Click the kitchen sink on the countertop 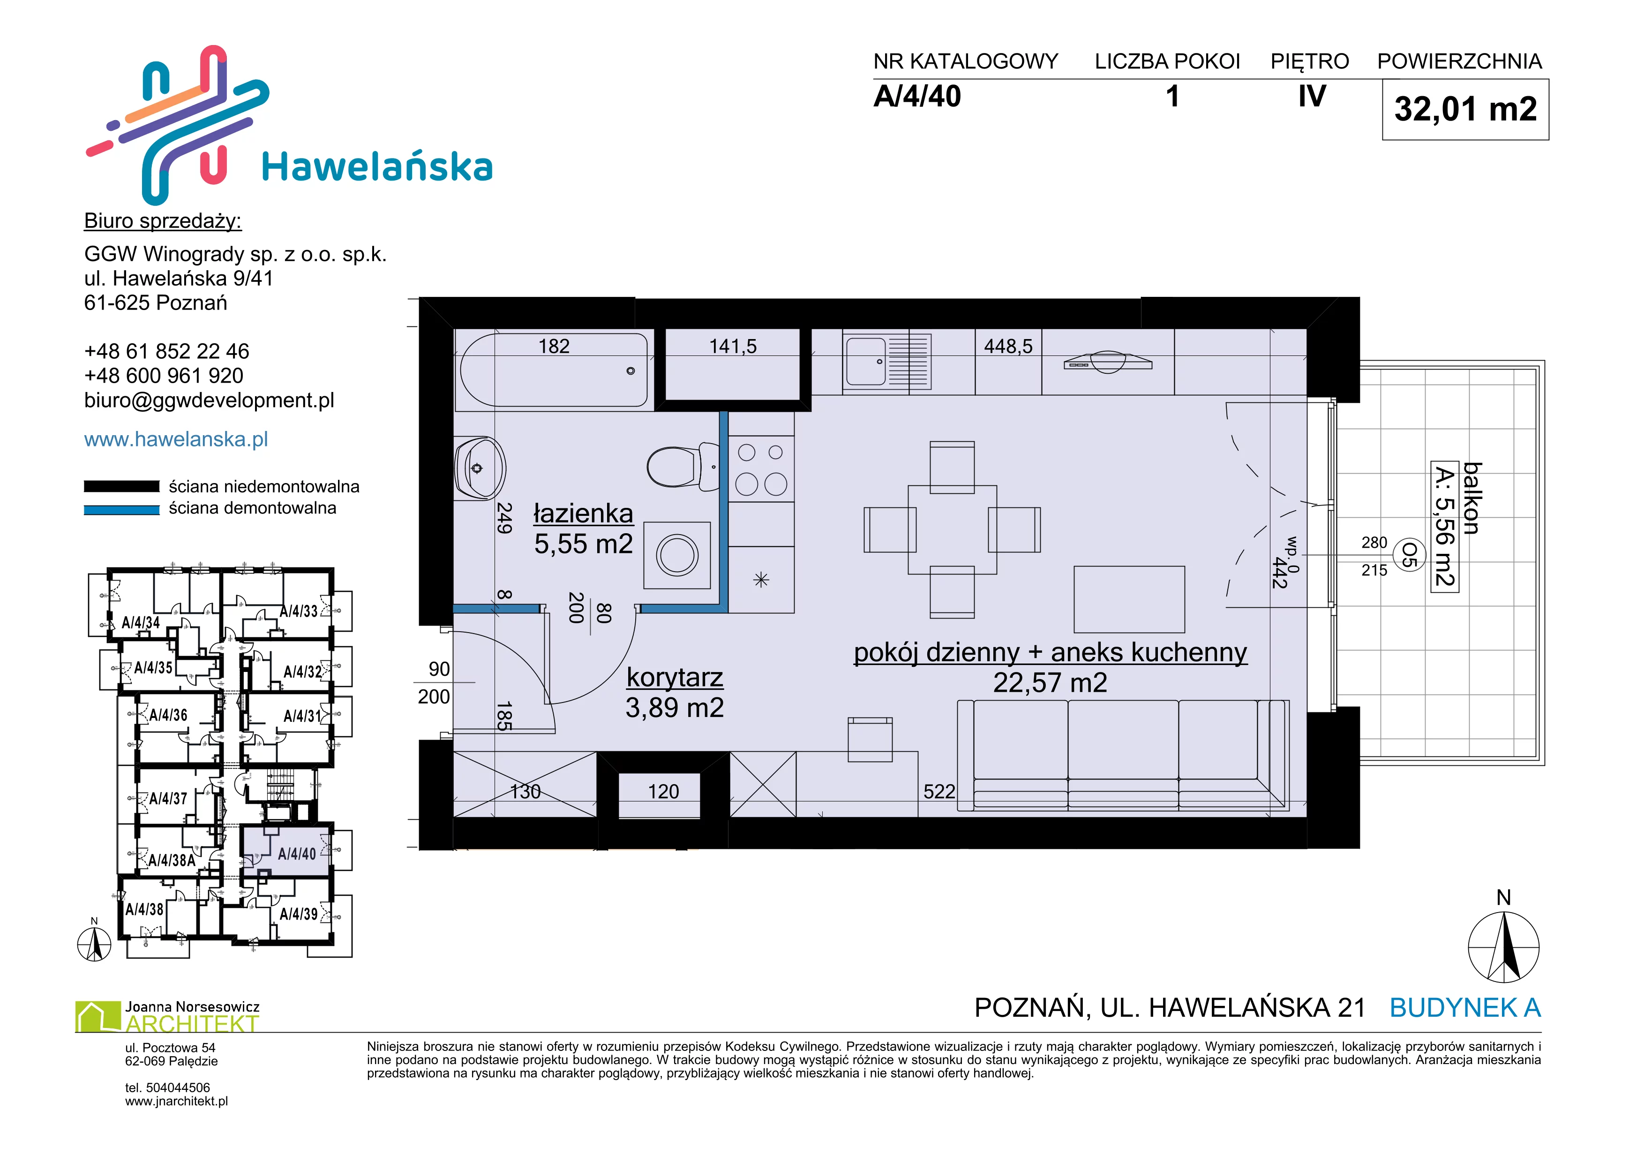coord(887,361)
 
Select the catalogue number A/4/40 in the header coord(917,97)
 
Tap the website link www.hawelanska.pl coord(176,439)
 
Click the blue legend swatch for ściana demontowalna coord(122,510)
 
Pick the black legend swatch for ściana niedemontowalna coord(122,486)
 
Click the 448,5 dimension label coord(1008,347)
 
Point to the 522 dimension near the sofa coord(938,791)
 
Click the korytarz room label coord(675,678)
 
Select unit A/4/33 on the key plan coord(299,611)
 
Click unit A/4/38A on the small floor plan coord(172,860)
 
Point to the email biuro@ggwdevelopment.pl coord(209,400)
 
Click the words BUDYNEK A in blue coord(1465,1008)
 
